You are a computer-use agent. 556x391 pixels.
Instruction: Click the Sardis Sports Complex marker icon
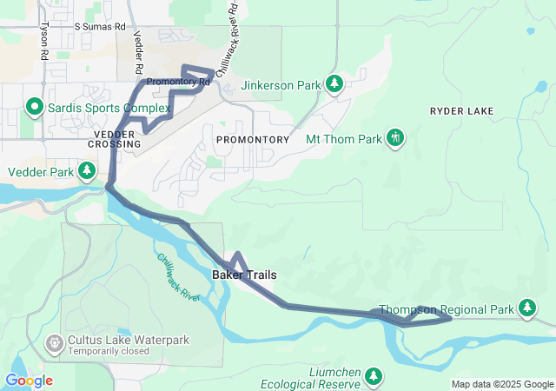coord(35,108)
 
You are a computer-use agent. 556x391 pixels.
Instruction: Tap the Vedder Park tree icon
coord(87,171)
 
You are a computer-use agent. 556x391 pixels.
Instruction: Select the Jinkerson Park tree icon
coord(334,85)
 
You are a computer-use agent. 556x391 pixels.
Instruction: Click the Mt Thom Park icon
coord(395,138)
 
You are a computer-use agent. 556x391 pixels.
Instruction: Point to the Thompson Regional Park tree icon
coord(526,308)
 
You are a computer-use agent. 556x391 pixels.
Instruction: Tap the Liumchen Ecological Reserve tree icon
coord(373,375)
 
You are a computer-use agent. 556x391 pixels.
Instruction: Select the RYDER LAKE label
coord(461,111)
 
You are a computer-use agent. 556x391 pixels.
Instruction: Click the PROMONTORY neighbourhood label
coord(252,139)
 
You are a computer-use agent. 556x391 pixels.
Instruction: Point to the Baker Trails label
coord(245,275)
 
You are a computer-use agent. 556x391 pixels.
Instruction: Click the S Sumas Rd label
coord(99,28)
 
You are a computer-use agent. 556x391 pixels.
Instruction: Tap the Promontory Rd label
coord(179,83)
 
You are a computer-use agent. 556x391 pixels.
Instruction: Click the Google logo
coord(29,381)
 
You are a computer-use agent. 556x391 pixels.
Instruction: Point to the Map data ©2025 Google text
coord(501,384)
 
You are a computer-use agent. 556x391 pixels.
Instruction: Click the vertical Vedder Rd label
coord(138,52)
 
